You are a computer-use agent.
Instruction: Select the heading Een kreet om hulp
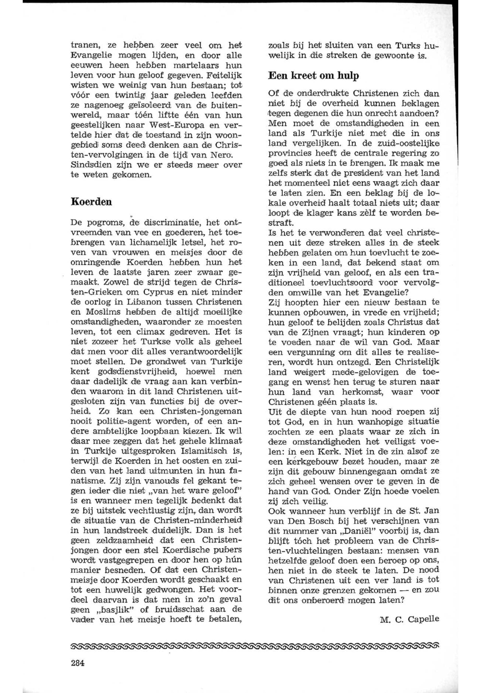click(x=313, y=76)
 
